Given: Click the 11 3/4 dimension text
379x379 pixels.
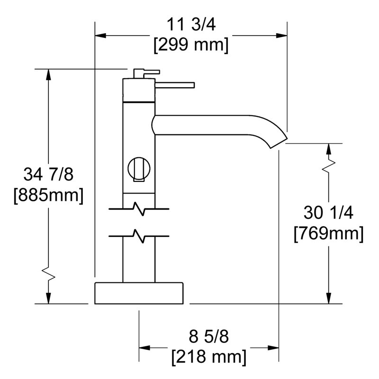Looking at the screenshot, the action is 191,25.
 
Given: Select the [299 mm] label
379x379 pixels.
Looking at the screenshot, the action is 191,45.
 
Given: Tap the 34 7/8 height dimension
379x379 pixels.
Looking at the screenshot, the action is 48,174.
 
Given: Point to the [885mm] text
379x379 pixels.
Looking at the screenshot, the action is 48,195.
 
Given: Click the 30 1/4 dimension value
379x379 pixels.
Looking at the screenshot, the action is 328,213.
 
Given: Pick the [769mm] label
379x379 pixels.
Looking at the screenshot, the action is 328,234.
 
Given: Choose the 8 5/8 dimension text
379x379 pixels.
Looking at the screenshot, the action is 208,336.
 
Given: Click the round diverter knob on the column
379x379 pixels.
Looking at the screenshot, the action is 139,169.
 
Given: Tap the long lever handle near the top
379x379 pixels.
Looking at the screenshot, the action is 175,85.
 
